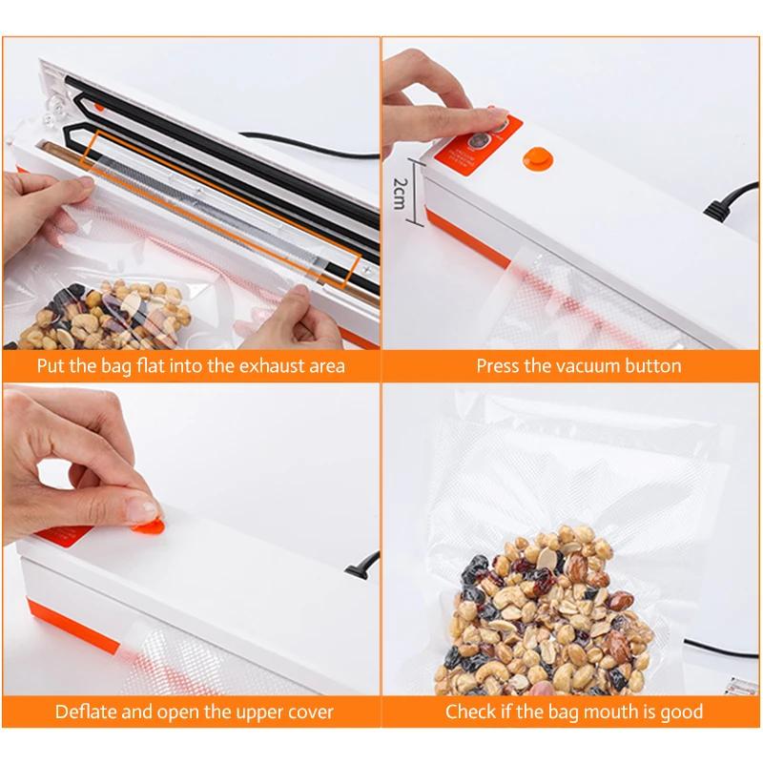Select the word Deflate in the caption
87,711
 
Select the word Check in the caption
468,711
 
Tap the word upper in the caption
241,711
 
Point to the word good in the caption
680,711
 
